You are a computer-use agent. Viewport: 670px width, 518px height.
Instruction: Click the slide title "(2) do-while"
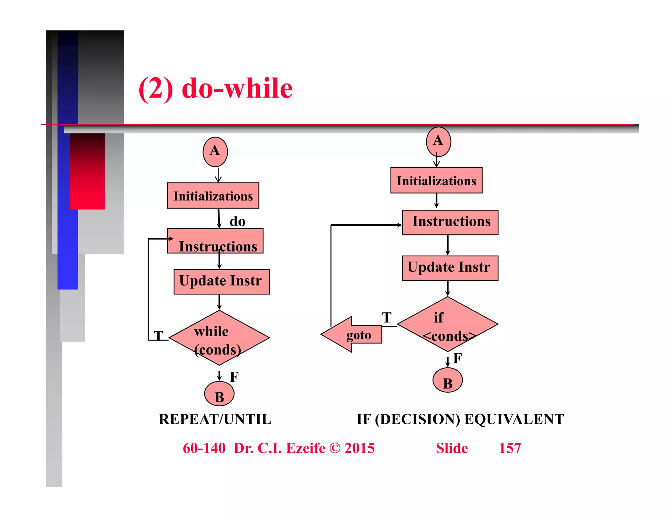pos(215,88)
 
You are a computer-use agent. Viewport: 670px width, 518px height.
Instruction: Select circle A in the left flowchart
pos(215,152)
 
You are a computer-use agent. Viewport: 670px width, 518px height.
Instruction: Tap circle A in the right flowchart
pos(438,141)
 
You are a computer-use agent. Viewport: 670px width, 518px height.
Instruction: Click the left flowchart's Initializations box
pos(213,196)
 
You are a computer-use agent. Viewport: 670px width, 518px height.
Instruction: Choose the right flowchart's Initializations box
pos(436,180)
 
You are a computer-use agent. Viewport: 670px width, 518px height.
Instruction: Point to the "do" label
pos(237,222)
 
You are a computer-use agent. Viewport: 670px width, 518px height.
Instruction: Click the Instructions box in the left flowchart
pos(215,241)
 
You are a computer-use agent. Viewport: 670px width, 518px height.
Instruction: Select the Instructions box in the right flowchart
pos(450,222)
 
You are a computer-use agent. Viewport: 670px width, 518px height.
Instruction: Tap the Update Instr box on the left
pos(221,282)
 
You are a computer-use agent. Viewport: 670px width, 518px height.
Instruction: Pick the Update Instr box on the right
pos(450,268)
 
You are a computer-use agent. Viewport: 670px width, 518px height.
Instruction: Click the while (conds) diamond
pos(219,338)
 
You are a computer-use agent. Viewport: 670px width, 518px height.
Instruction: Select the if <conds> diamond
pos(448,324)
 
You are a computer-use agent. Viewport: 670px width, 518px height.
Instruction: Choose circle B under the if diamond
pos(448,380)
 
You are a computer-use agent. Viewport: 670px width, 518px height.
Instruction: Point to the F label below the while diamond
pos(234,377)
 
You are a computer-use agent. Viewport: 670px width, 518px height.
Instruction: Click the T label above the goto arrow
pos(387,317)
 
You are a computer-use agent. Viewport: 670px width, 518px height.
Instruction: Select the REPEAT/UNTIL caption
pos(215,419)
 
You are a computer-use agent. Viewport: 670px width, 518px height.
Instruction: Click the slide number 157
pos(509,448)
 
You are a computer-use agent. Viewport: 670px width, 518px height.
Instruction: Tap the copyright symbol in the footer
pos(335,448)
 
